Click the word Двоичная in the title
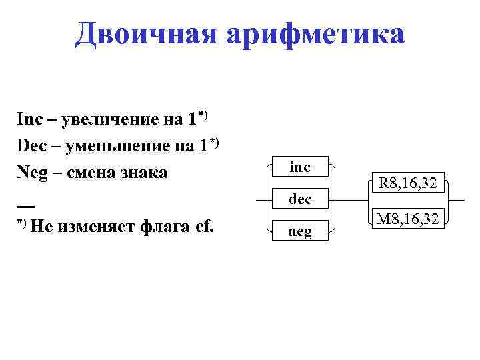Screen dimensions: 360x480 click(x=146, y=34)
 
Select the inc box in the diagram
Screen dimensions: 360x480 click(x=300, y=167)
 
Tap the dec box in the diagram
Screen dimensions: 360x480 click(x=300, y=199)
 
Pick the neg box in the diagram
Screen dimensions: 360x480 click(x=300, y=231)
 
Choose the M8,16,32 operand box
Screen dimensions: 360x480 click(x=408, y=217)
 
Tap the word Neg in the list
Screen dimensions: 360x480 click(x=31, y=173)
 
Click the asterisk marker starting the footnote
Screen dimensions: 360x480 click(x=21, y=222)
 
